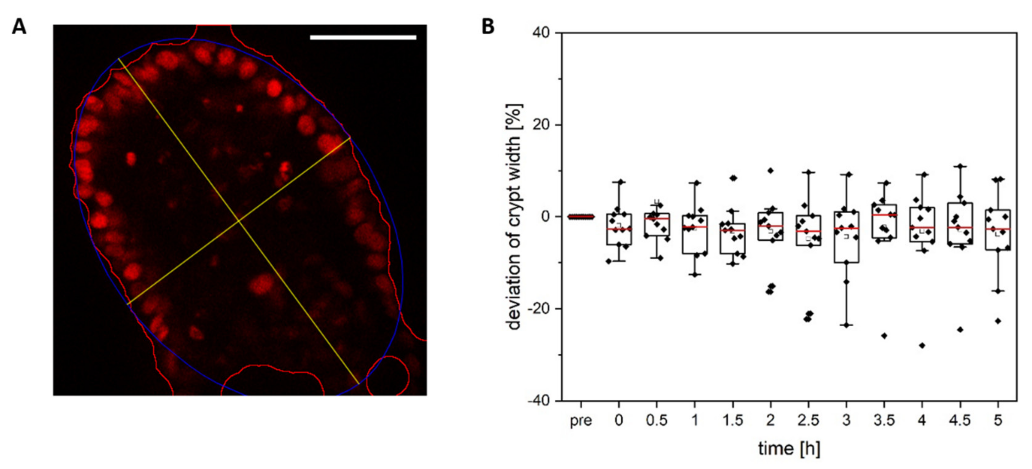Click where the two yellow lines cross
tap(239, 220)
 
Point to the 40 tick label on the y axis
tap(541, 33)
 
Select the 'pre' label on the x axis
tap(580, 421)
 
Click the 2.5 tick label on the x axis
tap(808, 421)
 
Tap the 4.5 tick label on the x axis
tap(960, 421)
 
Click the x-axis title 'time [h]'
tap(789, 448)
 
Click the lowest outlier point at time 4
tap(922, 345)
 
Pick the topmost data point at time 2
tap(770, 171)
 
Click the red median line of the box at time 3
tap(846, 228)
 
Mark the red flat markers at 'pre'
tap(581, 217)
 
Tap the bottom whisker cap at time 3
tap(846, 325)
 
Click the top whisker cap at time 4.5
tap(960, 166)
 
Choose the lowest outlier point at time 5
tap(998, 321)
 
